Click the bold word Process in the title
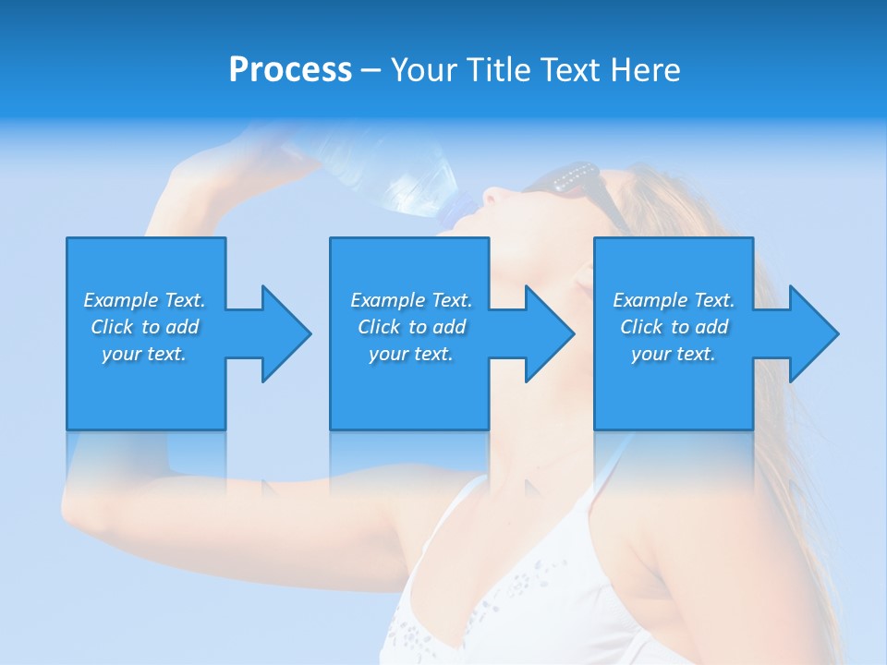(x=290, y=70)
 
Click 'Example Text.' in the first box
(x=145, y=300)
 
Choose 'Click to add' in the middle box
(x=411, y=327)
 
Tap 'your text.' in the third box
(x=674, y=354)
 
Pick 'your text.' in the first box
(x=145, y=354)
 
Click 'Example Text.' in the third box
(x=674, y=300)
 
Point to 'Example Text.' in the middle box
(x=411, y=300)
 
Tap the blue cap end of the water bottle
(x=459, y=210)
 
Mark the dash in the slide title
(x=371, y=70)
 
